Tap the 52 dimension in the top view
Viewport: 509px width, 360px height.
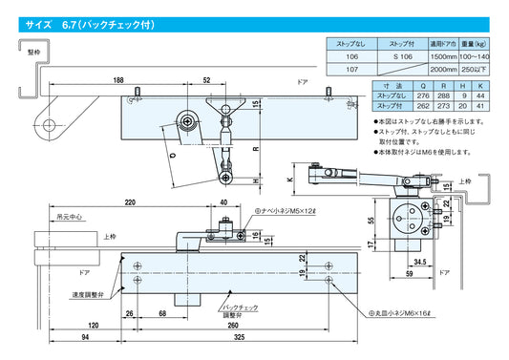[x=207, y=81]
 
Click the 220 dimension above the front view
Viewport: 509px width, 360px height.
[x=130, y=202]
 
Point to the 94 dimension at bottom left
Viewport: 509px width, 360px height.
[x=87, y=339]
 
